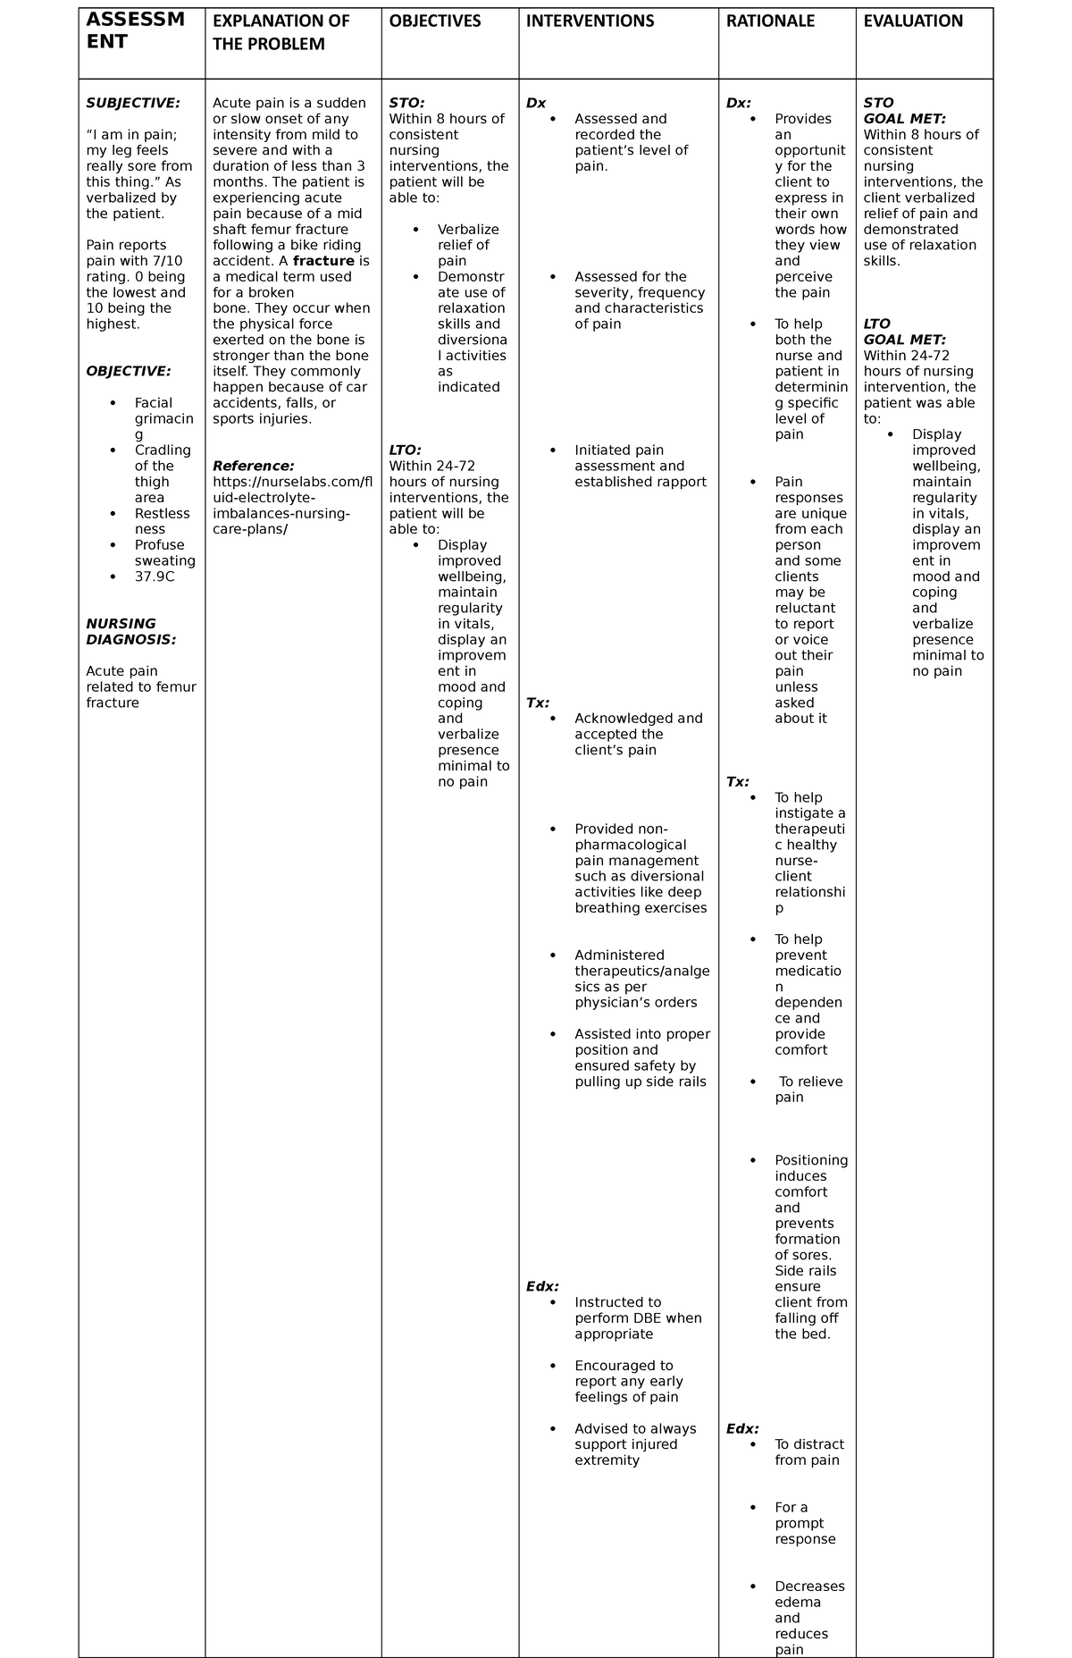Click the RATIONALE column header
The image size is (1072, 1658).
pos(770,21)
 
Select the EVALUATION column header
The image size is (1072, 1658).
pos(913,21)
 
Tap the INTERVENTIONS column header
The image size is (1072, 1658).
pos(590,21)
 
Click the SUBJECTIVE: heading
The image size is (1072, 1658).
pos(133,103)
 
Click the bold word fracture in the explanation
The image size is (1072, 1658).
pos(323,261)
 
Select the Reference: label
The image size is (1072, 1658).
pos(253,466)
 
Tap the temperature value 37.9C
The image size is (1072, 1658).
pos(155,577)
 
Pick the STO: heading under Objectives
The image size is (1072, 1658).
pos(406,103)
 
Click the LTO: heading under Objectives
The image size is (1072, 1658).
pos(405,450)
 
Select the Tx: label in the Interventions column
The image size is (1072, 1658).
pos(538,703)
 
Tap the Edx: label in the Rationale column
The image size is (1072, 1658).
pos(742,1428)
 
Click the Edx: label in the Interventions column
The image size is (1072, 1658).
pos(542,1286)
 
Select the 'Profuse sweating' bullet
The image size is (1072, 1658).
pos(164,553)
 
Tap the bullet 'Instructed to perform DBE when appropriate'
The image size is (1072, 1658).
pos(637,1317)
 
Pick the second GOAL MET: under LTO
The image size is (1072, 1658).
pos(904,340)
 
